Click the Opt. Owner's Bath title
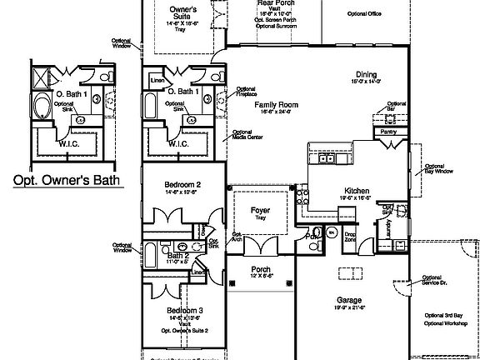click(x=66, y=179)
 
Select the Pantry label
click(x=387, y=131)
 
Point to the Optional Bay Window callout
click(x=438, y=169)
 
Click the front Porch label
click(x=261, y=269)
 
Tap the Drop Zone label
click(x=350, y=237)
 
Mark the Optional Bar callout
click(x=397, y=106)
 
